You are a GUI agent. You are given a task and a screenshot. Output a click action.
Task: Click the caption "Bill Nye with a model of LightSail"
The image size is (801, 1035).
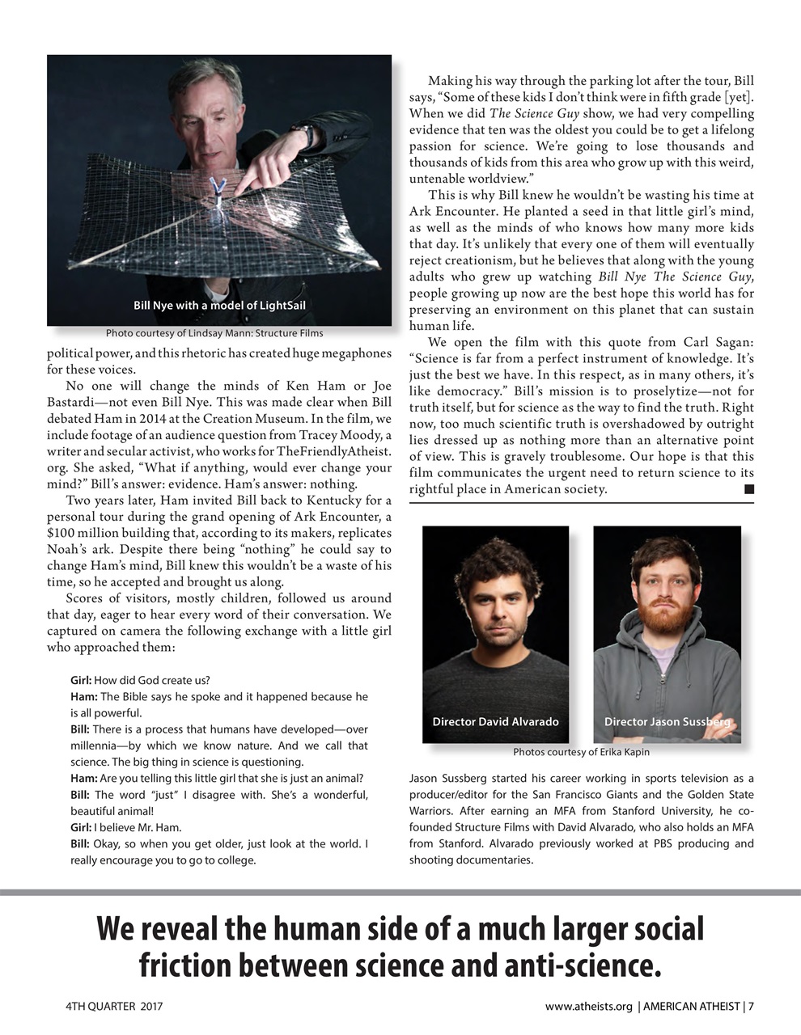coord(219,305)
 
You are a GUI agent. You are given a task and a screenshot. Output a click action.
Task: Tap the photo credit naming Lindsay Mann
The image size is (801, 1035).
coord(214,333)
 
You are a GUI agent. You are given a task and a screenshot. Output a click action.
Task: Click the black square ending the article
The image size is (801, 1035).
coord(748,488)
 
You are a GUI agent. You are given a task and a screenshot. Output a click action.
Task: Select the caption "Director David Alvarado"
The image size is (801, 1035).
coord(495,721)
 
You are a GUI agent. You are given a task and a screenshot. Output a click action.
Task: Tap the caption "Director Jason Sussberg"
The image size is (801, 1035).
coord(667,721)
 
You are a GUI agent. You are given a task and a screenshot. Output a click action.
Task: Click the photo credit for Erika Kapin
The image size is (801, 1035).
coord(581,752)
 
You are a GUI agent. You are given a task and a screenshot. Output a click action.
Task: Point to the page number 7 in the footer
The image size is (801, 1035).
coord(752,1007)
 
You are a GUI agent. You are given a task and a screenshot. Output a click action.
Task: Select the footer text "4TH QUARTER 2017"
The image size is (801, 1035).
coord(114,1007)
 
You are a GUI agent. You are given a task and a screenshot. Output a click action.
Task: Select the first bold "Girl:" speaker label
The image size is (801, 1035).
coord(81,680)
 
